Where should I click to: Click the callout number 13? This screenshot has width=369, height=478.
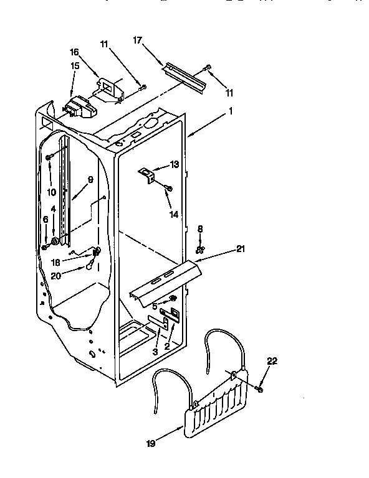[x=174, y=165]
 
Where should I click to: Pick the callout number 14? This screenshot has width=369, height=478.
[x=174, y=214]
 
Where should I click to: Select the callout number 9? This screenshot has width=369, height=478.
[x=90, y=179]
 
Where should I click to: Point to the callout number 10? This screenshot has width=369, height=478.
[x=52, y=192]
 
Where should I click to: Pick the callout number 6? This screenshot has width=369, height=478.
[x=45, y=219]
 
